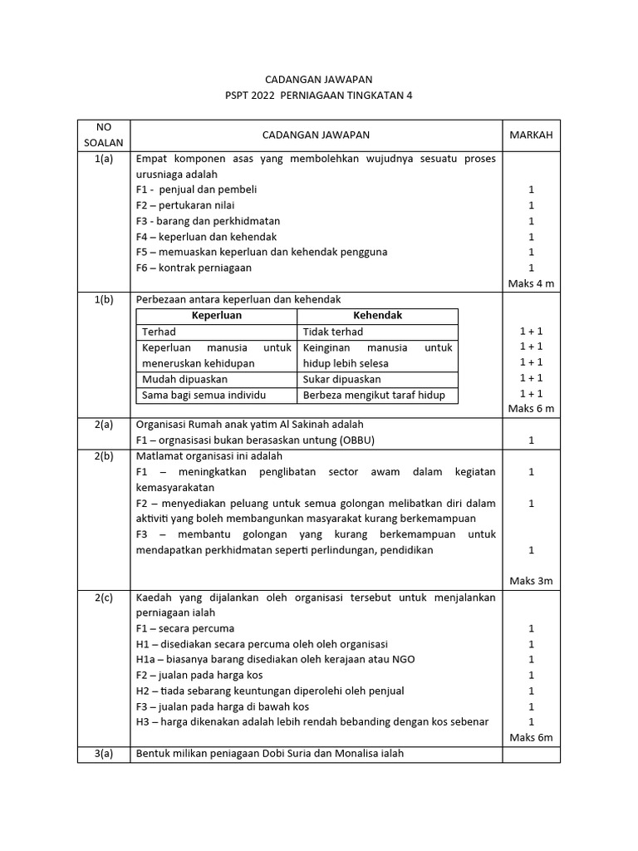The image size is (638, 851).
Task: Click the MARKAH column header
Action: click(x=531, y=135)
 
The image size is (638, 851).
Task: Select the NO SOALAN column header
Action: click(x=103, y=135)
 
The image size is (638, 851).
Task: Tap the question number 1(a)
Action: click(x=104, y=158)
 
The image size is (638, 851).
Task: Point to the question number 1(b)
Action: click(x=104, y=299)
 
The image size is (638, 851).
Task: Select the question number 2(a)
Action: click(x=104, y=424)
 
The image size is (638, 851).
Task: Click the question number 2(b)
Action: click(x=104, y=455)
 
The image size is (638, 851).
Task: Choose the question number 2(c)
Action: click(x=104, y=597)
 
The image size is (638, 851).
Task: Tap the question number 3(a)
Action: click(x=104, y=754)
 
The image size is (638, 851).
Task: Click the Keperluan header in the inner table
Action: click(x=215, y=316)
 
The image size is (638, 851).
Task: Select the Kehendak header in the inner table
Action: click(x=378, y=316)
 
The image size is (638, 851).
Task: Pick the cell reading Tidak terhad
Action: click(x=333, y=332)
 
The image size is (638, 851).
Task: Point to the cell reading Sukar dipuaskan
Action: click(x=340, y=379)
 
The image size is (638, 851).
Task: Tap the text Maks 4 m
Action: click(x=531, y=283)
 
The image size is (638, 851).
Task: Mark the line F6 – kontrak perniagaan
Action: click(x=194, y=268)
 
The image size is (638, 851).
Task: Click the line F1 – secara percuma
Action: click(x=185, y=628)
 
